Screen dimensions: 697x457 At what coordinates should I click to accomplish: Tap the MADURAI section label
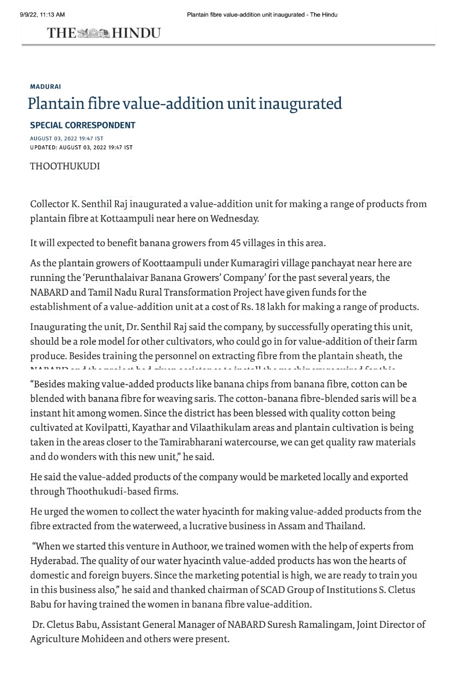(45, 87)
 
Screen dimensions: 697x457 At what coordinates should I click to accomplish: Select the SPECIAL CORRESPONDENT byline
(82, 125)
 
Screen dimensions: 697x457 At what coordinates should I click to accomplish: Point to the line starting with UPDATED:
(81, 148)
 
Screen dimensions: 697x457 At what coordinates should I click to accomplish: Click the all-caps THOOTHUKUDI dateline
(65, 166)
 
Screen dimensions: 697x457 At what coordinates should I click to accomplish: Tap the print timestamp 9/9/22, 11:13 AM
(42, 15)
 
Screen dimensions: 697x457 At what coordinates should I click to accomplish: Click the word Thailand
(345, 526)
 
